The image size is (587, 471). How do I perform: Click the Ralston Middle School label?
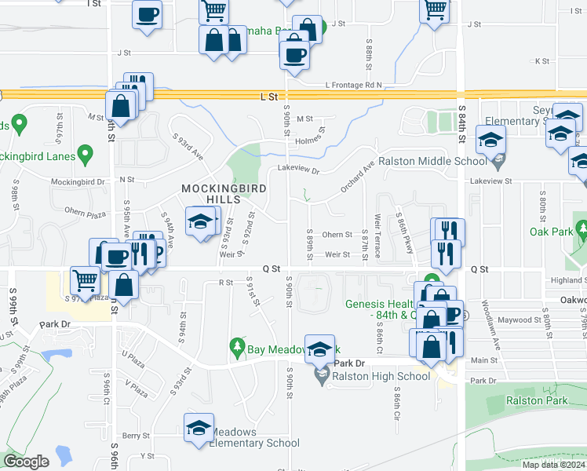click(428, 162)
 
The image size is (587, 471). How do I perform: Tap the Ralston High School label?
click(381, 376)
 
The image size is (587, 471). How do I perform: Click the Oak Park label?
click(550, 232)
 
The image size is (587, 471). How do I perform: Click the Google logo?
click(27, 462)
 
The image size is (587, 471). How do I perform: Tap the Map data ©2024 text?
click(553, 465)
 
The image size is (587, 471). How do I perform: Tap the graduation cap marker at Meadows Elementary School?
click(199, 428)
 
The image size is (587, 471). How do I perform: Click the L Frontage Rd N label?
click(352, 85)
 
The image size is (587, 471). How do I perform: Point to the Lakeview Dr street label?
click(299, 170)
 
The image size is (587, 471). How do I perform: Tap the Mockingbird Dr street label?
click(78, 182)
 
